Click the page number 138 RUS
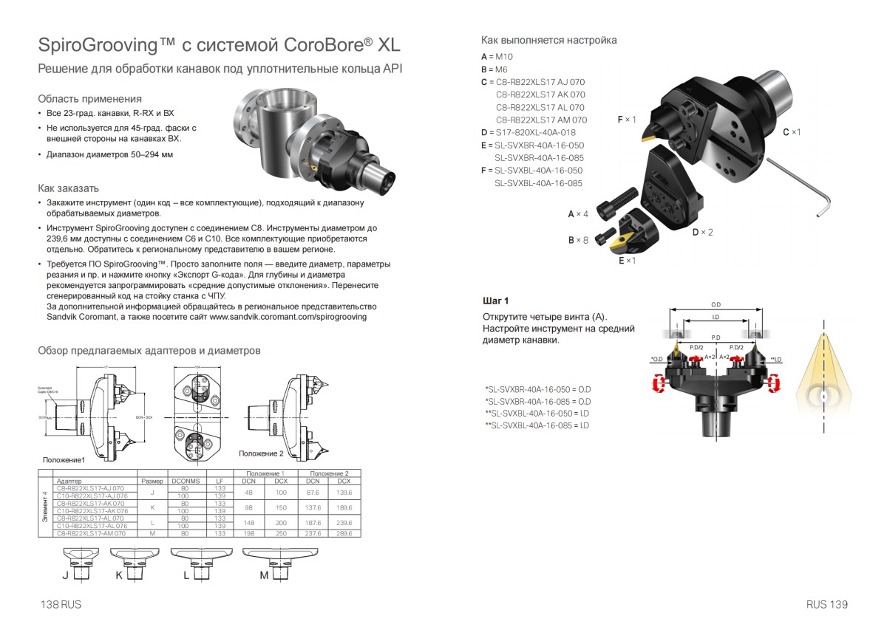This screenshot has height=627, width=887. (61, 604)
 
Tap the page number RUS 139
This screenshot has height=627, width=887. (827, 604)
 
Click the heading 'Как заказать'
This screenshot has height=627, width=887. (68, 188)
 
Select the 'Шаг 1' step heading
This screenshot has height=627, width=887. (496, 301)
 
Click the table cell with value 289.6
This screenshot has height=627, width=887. (344, 532)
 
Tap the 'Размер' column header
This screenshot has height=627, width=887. (152, 481)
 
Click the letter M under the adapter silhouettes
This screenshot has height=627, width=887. (263, 576)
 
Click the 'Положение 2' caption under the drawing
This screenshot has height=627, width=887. (261, 453)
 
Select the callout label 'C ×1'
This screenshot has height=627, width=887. (792, 131)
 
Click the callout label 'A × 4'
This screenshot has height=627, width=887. (578, 213)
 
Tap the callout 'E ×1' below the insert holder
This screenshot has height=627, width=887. (628, 261)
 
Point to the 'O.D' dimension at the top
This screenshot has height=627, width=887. (716, 304)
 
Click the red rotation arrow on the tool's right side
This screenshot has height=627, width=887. (775, 383)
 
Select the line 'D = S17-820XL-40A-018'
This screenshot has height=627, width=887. (528, 132)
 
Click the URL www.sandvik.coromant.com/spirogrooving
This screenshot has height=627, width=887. (288, 316)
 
